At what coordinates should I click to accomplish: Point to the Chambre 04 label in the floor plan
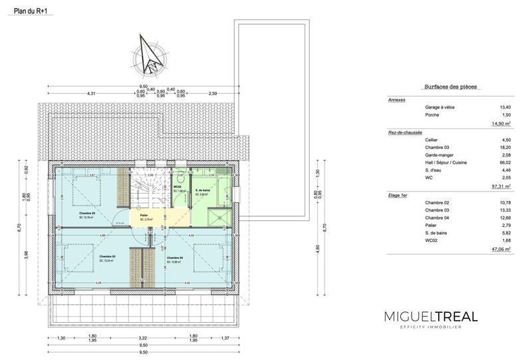pos(175,258)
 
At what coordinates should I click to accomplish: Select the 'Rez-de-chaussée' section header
pos(406,132)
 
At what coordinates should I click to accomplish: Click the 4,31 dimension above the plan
pos(91,93)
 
